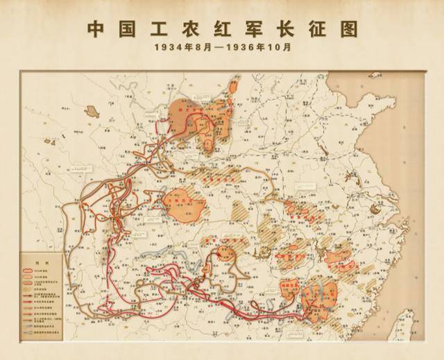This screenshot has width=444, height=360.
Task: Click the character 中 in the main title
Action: tap(97, 29)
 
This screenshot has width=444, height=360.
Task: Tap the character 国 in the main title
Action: tap(130, 29)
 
